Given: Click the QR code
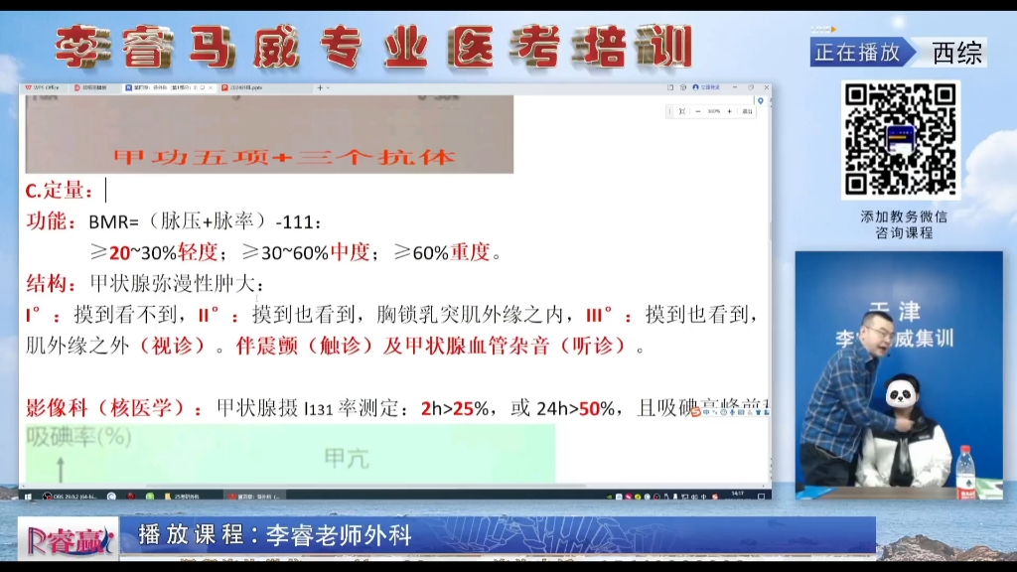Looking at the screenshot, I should click(901, 140).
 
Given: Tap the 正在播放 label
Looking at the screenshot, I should click(857, 53).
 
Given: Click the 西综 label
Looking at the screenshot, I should click(956, 53).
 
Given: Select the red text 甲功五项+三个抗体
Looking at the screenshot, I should click(284, 157).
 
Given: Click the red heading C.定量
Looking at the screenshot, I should click(60, 190).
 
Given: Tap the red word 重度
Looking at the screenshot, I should click(471, 252).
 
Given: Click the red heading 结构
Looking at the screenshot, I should click(47, 284).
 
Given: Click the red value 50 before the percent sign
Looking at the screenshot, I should click(589, 407).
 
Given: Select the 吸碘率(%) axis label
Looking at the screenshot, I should click(78, 435).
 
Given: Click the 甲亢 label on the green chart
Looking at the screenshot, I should click(346, 458).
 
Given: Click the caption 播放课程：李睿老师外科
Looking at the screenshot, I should click(275, 535).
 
